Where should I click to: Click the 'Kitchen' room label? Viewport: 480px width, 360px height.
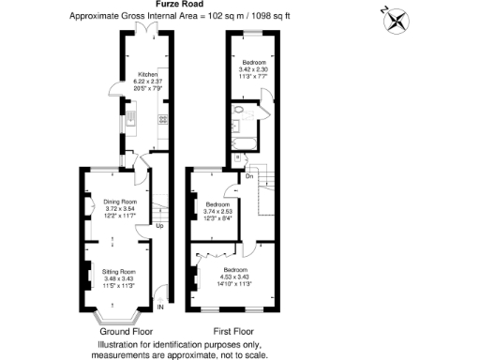[148, 73]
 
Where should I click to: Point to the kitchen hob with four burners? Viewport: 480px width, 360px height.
[163, 119]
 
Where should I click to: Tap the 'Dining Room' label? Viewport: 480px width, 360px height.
[121, 202]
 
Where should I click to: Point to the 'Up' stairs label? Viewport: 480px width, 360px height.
[159, 226]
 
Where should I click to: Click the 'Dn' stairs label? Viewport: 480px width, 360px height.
[249, 175]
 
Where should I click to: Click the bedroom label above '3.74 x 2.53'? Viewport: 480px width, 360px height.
[217, 203]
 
